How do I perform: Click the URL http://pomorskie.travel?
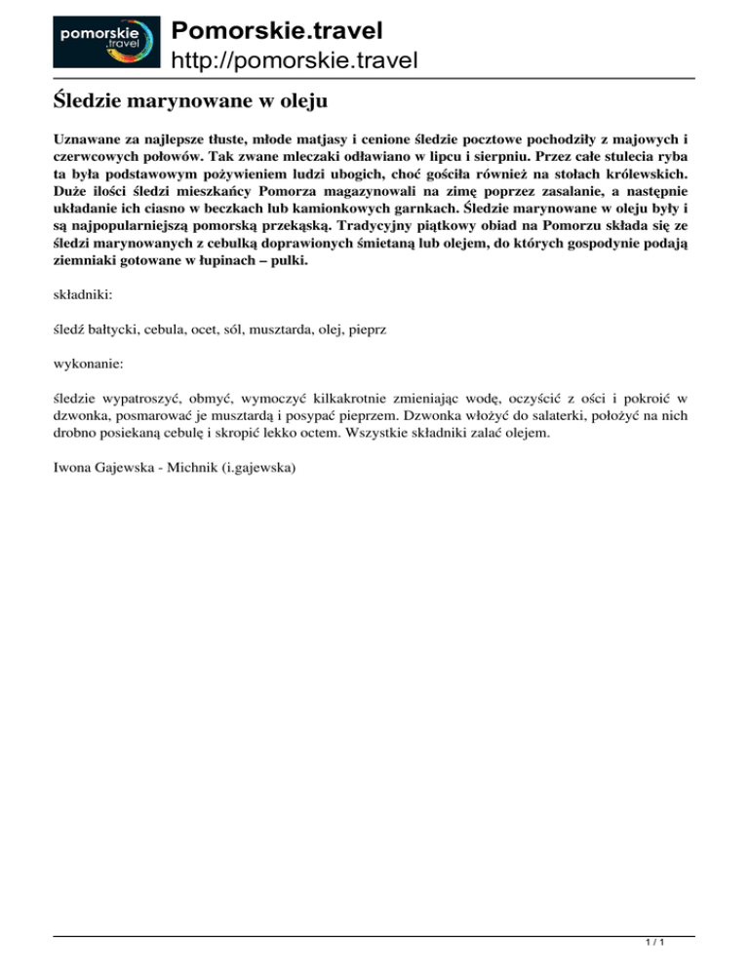click(x=295, y=61)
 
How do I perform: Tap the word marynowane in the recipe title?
click(x=197, y=98)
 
